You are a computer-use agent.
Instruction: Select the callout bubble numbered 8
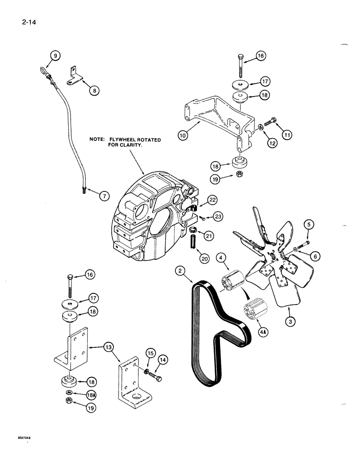pos(94,91)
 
